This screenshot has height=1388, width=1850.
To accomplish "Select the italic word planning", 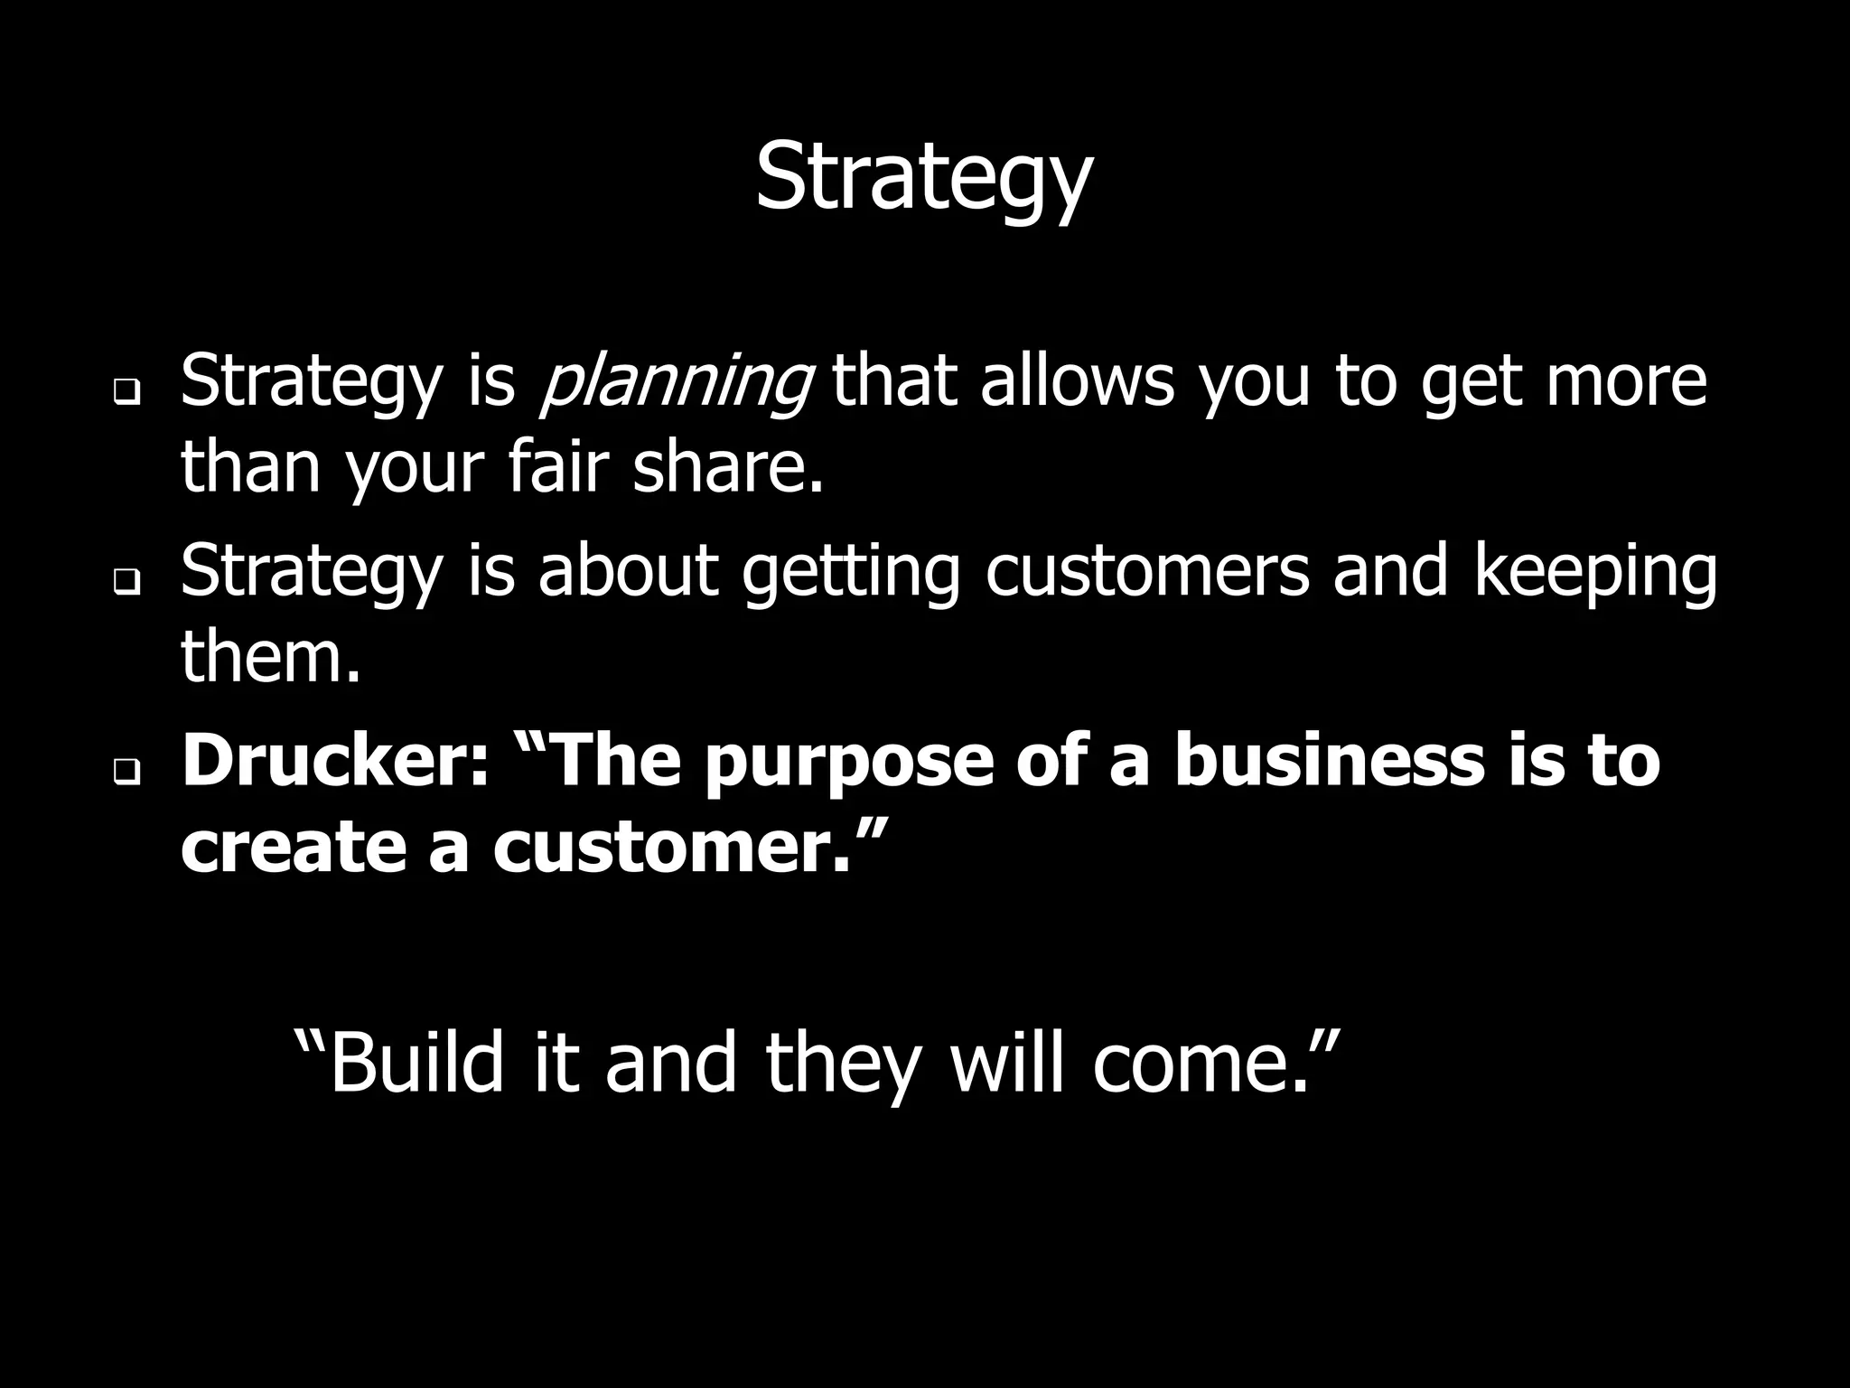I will point(676,383).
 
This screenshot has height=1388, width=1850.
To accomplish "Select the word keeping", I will point(1595,572).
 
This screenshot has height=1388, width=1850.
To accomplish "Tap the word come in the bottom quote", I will point(1192,1064).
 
